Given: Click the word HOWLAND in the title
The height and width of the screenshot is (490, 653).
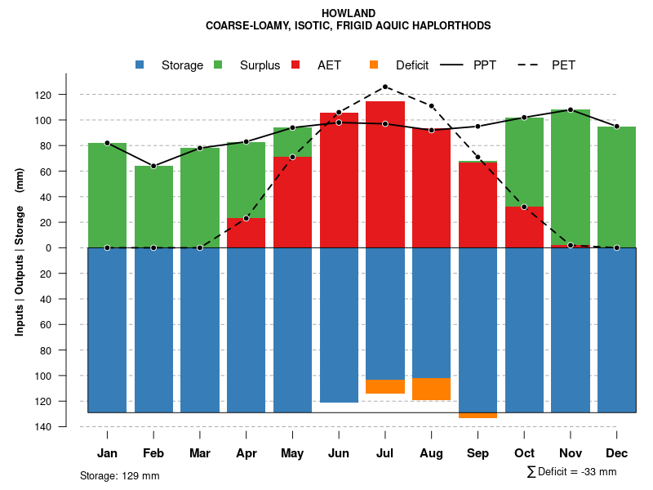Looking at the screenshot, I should (349, 13).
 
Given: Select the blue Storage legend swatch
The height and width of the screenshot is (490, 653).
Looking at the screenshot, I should (140, 65).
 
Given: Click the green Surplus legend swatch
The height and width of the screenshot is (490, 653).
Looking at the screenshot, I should (219, 65).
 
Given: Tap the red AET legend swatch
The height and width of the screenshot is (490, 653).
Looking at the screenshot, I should (296, 65).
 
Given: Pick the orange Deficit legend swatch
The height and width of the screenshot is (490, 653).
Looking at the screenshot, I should (375, 65).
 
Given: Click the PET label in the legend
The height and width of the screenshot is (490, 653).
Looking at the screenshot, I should (563, 65).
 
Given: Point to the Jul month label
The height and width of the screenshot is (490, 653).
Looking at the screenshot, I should (385, 453).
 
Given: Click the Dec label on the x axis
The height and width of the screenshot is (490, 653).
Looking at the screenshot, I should (616, 453).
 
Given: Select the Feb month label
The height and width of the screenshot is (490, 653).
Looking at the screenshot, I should (153, 453).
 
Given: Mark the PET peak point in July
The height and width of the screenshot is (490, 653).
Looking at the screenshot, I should (385, 87).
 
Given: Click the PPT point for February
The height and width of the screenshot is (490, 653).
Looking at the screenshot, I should (153, 166).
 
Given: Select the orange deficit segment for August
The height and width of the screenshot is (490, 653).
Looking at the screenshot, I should (432, 389).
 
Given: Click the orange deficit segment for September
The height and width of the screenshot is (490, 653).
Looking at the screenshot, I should (478, 416).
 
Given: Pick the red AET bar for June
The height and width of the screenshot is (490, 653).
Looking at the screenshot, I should (339, 180).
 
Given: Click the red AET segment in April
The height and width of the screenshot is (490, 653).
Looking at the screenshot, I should (247, 233).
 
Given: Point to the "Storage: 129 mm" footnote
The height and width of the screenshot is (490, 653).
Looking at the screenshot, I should (120, 475).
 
